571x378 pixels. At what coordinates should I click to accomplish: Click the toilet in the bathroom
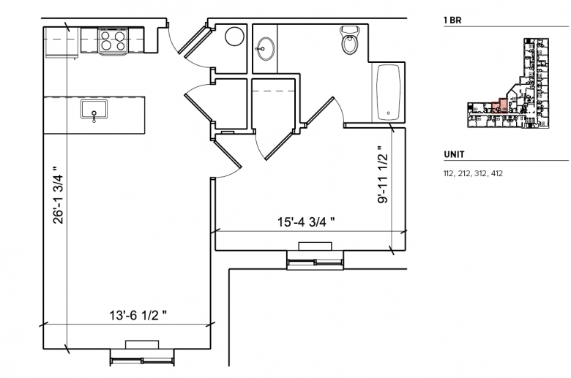pos(350,40)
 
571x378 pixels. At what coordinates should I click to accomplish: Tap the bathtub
pos(389,92)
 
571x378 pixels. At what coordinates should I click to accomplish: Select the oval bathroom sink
pos(266,48)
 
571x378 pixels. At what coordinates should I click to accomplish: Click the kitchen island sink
pos(94,110)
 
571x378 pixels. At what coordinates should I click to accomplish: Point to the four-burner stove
pos(113,40)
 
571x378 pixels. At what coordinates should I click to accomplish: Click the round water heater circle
pos(234,37)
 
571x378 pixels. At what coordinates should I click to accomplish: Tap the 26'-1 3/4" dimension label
pos(59,195)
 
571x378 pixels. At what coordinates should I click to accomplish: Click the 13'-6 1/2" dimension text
pos(138,315)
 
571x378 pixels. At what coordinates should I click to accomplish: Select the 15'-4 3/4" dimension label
pos(306,222)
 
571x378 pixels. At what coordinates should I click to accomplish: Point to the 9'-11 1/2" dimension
pos(383,175)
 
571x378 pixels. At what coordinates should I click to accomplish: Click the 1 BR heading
pos(452,20)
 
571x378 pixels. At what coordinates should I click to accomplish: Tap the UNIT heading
pos(454,154)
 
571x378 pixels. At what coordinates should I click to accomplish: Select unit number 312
pos(480,173)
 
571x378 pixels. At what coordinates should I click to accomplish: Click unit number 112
pos(449,173)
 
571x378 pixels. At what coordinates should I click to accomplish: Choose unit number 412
pos(497,173)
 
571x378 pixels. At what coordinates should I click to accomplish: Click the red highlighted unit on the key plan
pos(500,105)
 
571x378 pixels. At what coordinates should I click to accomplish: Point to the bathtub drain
pos(389,113)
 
